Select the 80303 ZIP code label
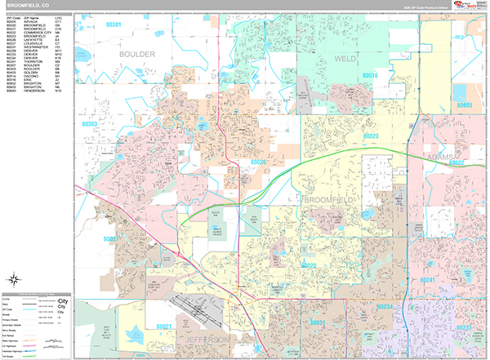tap(90, 124)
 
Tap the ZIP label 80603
tap(465, 106)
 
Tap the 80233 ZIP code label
tap(463, 327)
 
